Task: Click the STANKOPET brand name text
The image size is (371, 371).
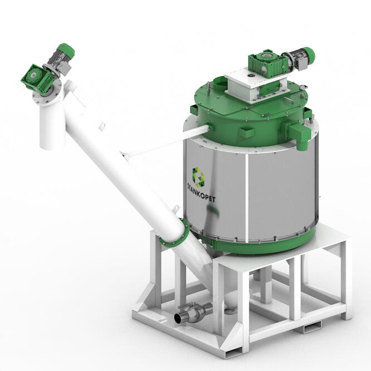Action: (x=201, y=192)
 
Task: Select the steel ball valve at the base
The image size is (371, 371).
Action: (x=193, y=312)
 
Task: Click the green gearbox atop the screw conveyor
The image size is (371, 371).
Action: (x=36, y=79)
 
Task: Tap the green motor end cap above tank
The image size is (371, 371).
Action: (x=309, y=55)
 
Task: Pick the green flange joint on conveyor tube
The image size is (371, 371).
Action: (x=174, y=233)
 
